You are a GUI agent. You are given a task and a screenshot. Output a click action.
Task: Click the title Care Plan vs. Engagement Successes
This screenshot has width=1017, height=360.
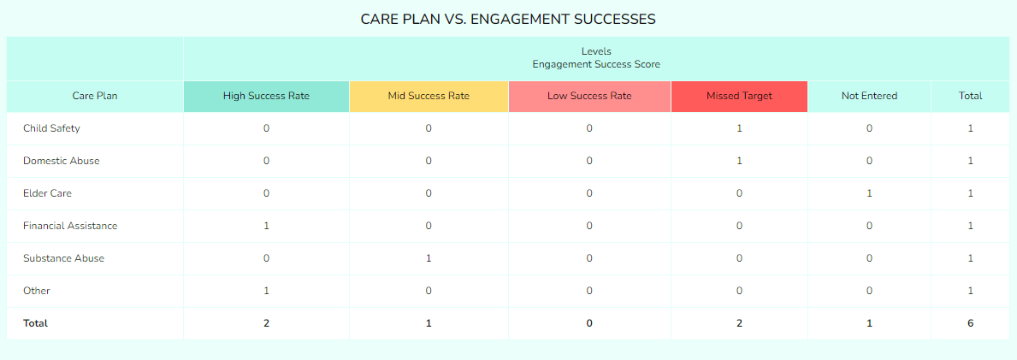[x=508, y=19]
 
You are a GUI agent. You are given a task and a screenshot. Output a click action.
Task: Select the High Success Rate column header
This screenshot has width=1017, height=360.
[x=266, y=96]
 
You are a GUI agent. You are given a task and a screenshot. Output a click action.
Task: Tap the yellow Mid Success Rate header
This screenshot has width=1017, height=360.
[x=429, y=96]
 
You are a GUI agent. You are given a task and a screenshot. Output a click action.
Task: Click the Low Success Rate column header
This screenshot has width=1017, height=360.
[x=589, y=96]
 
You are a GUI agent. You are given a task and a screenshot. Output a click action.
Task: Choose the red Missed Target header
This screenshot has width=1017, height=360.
[x=739, y=96]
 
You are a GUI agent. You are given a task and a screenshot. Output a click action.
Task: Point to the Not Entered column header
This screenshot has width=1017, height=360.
[x=869, y=96]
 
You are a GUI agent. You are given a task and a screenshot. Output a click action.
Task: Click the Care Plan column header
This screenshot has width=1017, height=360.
[x=95, y=96]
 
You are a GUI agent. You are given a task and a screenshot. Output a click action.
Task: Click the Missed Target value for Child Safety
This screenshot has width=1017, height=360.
[x=739, y=128]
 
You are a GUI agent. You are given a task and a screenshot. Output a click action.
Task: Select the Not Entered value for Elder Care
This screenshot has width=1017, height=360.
[x=869, y=193]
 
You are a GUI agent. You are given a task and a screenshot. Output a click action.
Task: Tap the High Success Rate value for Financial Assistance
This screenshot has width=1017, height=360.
[x=266, y=226]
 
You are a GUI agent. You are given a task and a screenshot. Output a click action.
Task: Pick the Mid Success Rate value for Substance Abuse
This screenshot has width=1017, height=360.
[x=429, y=258]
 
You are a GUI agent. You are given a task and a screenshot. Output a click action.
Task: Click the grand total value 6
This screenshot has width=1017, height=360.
[x=970, y=323]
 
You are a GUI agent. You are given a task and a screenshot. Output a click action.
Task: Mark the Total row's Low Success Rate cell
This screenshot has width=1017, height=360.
[x=589, y=323]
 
